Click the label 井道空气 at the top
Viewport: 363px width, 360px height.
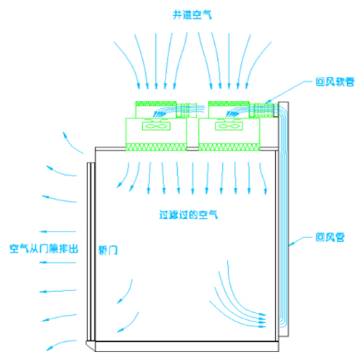click(x=192, y=15)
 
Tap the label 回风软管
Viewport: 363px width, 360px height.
click(x=335, y=82)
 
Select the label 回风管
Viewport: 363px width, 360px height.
click(x=330, y=237)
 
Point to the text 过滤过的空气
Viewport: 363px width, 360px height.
click(x=188, y=215)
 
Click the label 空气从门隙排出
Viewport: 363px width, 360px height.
click(x=44, y=249)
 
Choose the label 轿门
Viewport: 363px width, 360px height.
click(x=108, y=250)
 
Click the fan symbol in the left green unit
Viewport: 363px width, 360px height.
click(x=156, y=126)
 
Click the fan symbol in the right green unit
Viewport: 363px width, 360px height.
click(x=229, y=126)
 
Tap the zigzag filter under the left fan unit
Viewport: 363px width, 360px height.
click(x=156, y=147)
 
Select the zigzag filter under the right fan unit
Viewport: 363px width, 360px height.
click(x=229, y=147)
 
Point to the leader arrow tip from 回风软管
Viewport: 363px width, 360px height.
click(x=266, y=103)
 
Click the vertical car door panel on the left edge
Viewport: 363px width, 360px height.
click(x=91, y=252)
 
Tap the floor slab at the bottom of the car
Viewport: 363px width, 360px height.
click(x=187, y=346)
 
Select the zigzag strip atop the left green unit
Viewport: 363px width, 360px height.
click(x=156, y=104)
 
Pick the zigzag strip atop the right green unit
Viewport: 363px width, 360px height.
click(x=229, y=104)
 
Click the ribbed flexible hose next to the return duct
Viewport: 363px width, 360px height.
click(x=264, y=110)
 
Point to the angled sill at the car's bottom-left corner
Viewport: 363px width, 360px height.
click(x=91, y=345)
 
